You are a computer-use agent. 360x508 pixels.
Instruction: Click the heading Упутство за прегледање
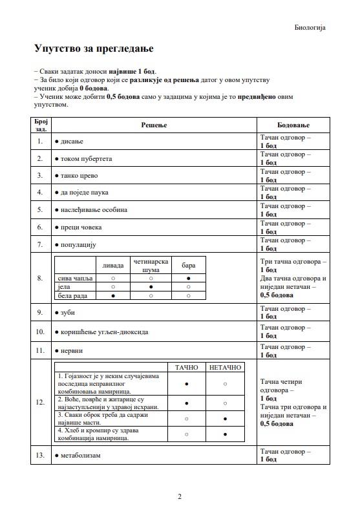point(93,48)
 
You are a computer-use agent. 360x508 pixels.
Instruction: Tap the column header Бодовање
point(293,124)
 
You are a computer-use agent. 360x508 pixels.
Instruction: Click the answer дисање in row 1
point(72,141)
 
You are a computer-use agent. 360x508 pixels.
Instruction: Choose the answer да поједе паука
point(84,193)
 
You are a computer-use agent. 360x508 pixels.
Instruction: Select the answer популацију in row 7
point(78,245)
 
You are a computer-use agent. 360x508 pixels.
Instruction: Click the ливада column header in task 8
point(113,265)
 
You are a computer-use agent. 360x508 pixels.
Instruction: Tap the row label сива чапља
point(72,278)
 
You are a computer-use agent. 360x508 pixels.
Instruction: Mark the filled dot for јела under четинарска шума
point(151,286)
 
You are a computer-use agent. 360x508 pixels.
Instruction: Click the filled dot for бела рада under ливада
point(113,295)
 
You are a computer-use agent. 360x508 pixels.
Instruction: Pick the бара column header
point(188,265)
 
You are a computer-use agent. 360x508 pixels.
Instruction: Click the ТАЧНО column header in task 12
point(187,367)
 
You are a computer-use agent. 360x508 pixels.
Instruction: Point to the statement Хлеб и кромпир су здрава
point(98,430)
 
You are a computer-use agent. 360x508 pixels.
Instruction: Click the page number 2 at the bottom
point(180,496)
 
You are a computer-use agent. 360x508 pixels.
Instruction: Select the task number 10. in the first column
point(40,332)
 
